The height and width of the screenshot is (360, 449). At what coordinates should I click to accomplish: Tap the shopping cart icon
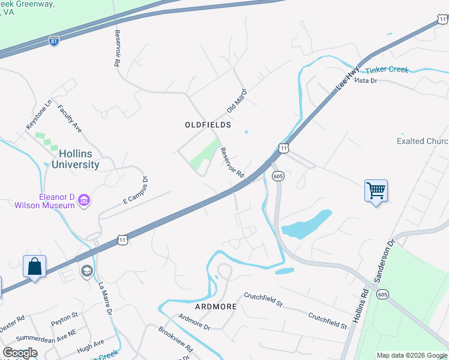pyautogui.click(x=376, y=191)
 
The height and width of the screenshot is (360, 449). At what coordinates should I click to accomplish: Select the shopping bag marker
pyautogui.click(x=34, y=266)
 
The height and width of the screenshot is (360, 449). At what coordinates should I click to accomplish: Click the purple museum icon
pyautogui.click(x=83, y=200)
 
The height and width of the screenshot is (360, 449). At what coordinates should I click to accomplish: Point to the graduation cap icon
pyautogui.click(x=86, y=271)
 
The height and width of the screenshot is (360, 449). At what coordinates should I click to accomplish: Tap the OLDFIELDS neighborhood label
pyautogui.click(x=207, y=124)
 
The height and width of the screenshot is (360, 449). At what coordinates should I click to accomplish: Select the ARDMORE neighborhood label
pyautogui.click(x=216, y=306)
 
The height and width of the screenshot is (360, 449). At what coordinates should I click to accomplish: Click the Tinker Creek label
pyautogui.click(x=387, y=70)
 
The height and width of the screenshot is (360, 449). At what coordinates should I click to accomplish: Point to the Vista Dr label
pyautogui.click(x=365, y=80)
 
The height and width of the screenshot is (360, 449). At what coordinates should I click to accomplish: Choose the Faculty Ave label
pyautogui.click(x=69, y=119)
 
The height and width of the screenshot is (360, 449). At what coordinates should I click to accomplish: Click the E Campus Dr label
pyautogui.click(x=135, y=190)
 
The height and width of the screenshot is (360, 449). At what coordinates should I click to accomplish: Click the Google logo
pyautogui.click(x=20, y=353)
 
